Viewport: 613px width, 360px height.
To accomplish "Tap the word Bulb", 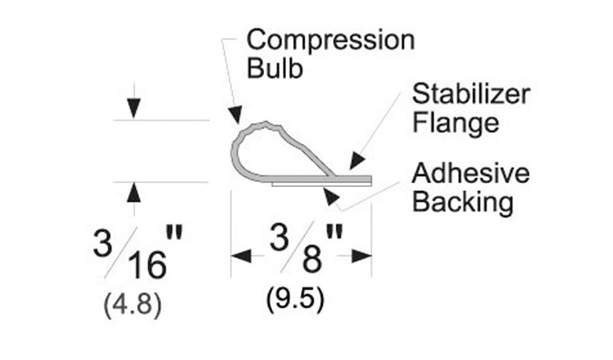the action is [x=275, y=68].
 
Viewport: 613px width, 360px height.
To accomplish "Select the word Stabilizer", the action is [x=471, y=94].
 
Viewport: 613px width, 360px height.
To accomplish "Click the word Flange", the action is [x=456, y=124].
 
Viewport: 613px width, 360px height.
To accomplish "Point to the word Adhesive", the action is [x=471, y=173].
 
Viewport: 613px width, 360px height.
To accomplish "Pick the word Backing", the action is [x=463, y=203].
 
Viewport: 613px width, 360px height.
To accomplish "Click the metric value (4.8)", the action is [x=133, y=304].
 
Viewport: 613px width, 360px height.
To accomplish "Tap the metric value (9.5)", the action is [x=295, y=299].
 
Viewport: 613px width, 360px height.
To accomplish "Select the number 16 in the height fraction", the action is [x=147, y=265].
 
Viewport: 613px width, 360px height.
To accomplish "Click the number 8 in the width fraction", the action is [x=312, y=259].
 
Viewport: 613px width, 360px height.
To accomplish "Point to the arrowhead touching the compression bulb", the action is [x=234, y=115].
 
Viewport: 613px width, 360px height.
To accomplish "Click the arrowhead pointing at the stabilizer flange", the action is [x=357, y=160].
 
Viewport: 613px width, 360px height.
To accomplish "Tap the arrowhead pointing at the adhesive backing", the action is [x=331, y=197].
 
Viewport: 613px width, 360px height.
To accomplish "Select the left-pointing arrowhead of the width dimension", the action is [x=241, y=256].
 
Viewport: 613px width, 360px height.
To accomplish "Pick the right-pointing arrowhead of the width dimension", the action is [x=362, y=256].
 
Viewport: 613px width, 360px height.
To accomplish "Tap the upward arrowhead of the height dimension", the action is [x=134, y=193].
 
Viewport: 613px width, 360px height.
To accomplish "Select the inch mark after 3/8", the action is [x=334, y=231].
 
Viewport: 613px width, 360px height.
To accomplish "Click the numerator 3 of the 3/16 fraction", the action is [x=103, y=243].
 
